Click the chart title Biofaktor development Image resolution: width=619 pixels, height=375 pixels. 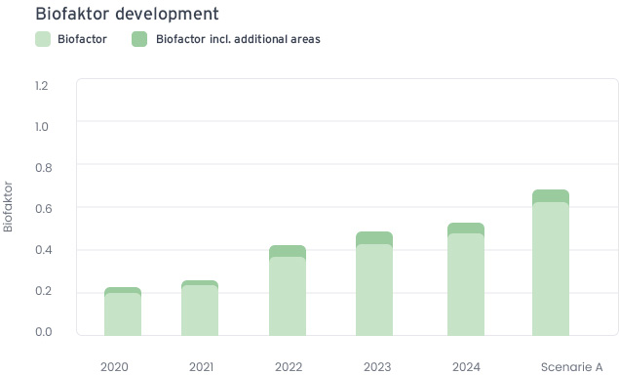126,14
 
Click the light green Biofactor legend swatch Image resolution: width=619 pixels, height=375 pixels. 42,39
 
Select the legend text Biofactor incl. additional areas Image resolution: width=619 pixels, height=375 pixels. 238,39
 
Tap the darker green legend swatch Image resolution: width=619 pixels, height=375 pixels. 138,39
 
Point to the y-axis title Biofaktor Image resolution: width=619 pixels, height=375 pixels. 9,205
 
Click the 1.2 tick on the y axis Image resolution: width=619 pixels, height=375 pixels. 41,85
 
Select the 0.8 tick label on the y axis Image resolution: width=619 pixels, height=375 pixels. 41,167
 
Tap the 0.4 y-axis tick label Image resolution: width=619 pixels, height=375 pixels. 41,250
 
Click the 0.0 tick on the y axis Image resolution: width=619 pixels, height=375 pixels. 41,332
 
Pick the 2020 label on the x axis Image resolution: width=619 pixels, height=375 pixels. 114,367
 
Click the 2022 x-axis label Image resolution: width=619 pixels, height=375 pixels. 289,367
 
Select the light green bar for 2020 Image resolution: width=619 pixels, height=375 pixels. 123,313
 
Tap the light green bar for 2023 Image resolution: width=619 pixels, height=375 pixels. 374,289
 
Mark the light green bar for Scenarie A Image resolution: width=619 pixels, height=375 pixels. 551,269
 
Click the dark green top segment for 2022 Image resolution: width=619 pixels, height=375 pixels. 288,251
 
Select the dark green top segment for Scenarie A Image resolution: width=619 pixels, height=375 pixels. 551,195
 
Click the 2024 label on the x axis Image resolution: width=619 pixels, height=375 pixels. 466,367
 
